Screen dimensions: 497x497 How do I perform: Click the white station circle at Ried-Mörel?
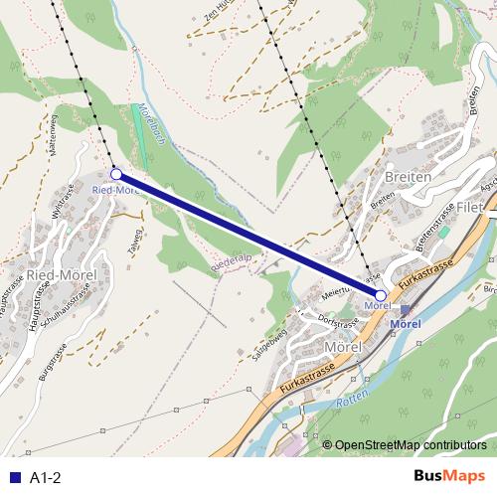pos(116,174)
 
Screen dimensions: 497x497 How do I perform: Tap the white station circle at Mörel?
pos(381,295)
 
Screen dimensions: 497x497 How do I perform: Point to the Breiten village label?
pos(407,177)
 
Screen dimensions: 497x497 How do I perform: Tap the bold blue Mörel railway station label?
pos(406,324)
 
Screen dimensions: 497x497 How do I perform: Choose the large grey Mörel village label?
pos(349,346)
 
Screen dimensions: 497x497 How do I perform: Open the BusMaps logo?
pos(449,477)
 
